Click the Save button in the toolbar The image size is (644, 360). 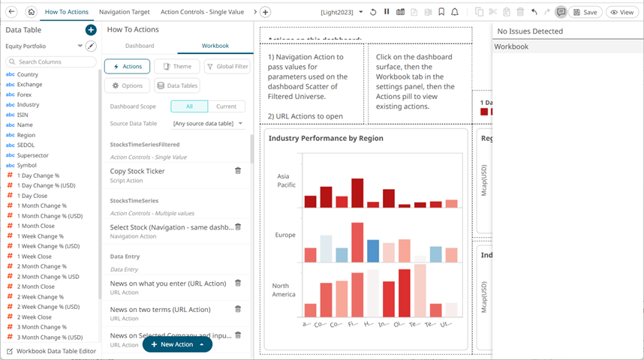pos(585,12)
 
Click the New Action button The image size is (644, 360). pos(176,344)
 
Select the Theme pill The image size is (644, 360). pos(176,66)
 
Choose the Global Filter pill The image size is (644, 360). pos(227,66)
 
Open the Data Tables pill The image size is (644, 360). pos(177,85)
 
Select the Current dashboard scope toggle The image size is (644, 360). pos(226,106)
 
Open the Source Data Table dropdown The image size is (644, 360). pos(208,123)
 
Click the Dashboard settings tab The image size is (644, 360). pos(140,46)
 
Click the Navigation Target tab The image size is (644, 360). pos(124,12)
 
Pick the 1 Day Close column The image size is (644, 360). pos(32,196)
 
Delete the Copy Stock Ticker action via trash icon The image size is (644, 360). pos(238,171)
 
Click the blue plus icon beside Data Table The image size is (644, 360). pos(91,30)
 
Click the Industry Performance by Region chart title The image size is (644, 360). pos(326,138)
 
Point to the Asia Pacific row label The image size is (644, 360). pos(285,180)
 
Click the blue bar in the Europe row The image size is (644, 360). pos(373,250)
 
